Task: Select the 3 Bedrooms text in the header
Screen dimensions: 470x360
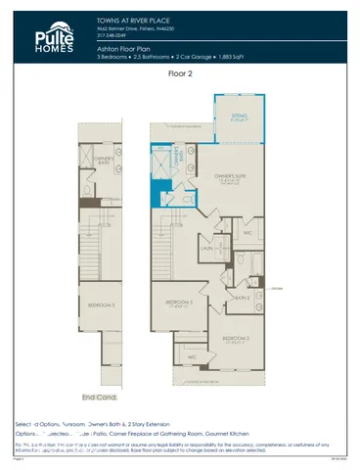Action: pos(116,56)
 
